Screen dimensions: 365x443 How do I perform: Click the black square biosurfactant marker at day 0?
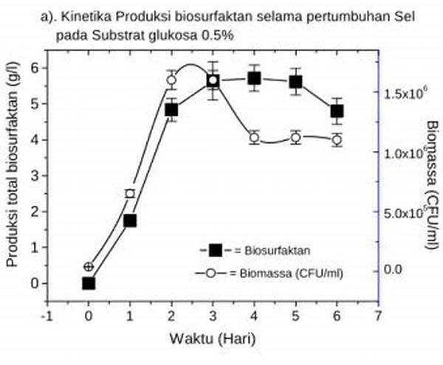[89, 283]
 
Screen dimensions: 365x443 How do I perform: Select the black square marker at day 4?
[255, 79]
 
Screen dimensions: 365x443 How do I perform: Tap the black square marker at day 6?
[337, 111]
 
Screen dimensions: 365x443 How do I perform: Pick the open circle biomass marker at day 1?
[130, 194]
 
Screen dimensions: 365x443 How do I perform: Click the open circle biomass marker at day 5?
[296, 138]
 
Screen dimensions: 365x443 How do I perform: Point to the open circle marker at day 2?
[171, 80]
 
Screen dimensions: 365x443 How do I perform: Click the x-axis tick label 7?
[379, 316]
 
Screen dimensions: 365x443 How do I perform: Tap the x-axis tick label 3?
[213, 316]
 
